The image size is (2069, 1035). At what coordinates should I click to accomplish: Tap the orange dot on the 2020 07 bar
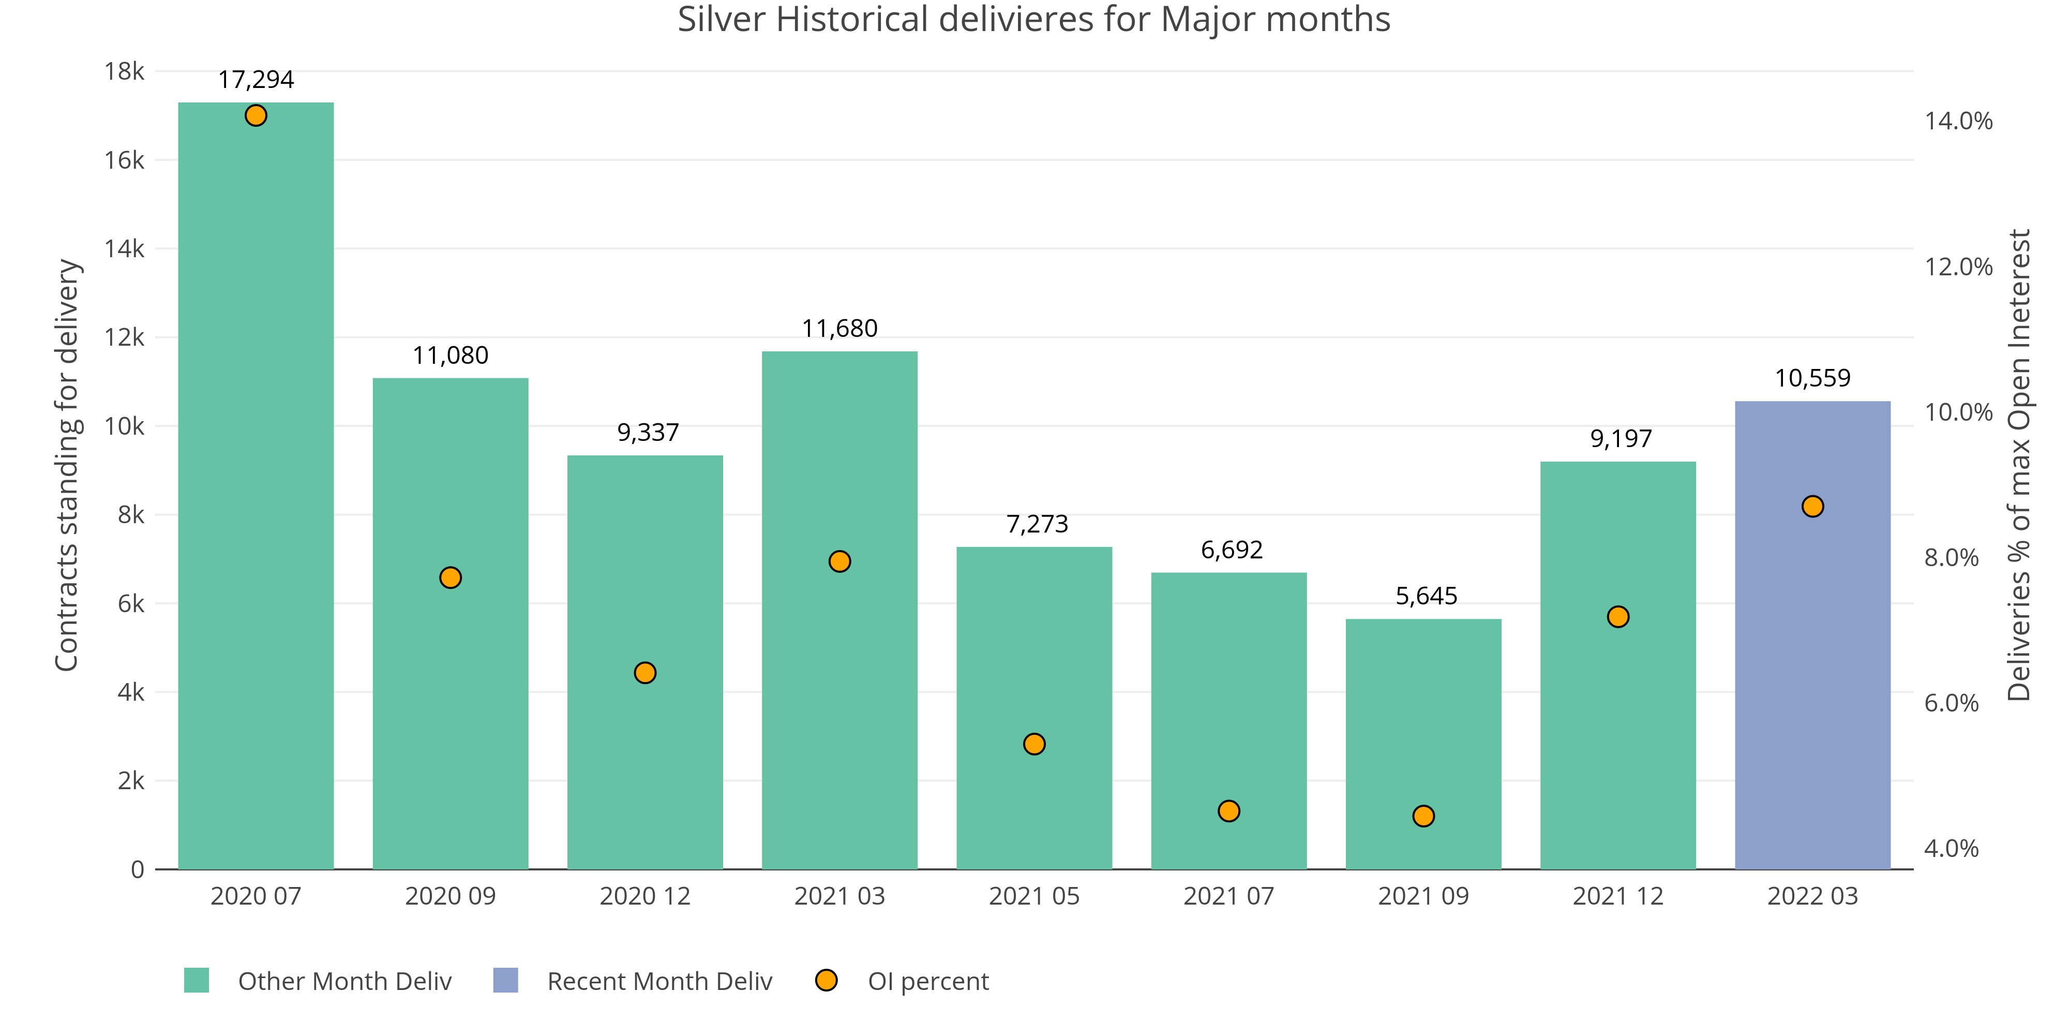pos(256,116)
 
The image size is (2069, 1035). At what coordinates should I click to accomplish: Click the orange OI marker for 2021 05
pos(1034,744)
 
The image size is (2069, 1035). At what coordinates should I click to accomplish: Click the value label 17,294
pos(256,80)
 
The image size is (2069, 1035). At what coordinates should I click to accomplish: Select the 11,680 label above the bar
pos(839,329)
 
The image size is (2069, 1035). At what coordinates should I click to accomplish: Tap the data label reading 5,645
pos(1426,596)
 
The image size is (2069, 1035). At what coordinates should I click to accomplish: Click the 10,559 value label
pos(1812,378)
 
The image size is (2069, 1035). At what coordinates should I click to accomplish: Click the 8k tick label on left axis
pos(131,515)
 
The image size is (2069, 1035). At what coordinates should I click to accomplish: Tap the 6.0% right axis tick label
pos(1951,703)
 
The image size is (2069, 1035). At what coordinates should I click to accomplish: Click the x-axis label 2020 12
pos(645,896)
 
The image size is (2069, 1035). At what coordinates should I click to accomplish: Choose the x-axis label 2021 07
pos(1229,896)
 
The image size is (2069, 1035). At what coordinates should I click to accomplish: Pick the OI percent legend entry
pos(927,981)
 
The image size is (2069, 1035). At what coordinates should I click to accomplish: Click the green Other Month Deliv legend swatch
pos(197,980)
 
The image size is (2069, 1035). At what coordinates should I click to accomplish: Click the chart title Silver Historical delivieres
pos(1033,19)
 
